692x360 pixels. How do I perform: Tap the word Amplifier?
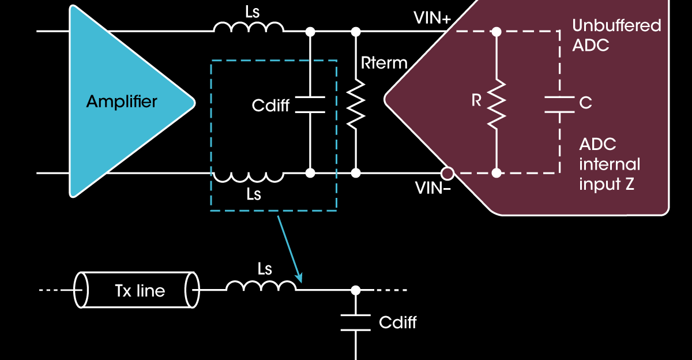point(122,102)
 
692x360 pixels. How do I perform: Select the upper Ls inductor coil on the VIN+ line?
point(249,27)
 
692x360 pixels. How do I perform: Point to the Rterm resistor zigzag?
point(356,104)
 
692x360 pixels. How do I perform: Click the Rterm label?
point(384,62)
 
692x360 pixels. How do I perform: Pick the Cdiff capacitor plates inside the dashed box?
point(310,104)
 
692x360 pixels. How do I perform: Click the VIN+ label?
point(432,18)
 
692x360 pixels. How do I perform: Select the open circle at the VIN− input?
point(446,172)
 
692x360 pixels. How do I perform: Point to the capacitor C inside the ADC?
point(560,104)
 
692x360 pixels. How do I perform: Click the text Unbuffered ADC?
point(616,35)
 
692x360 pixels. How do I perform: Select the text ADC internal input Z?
point(609,164)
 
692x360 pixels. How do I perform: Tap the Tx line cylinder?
point(137,290)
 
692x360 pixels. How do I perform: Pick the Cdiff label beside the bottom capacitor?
point(398,322)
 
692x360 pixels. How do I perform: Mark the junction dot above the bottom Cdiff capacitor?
point(356,290)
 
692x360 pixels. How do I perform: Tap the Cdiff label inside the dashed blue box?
point(270,106)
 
